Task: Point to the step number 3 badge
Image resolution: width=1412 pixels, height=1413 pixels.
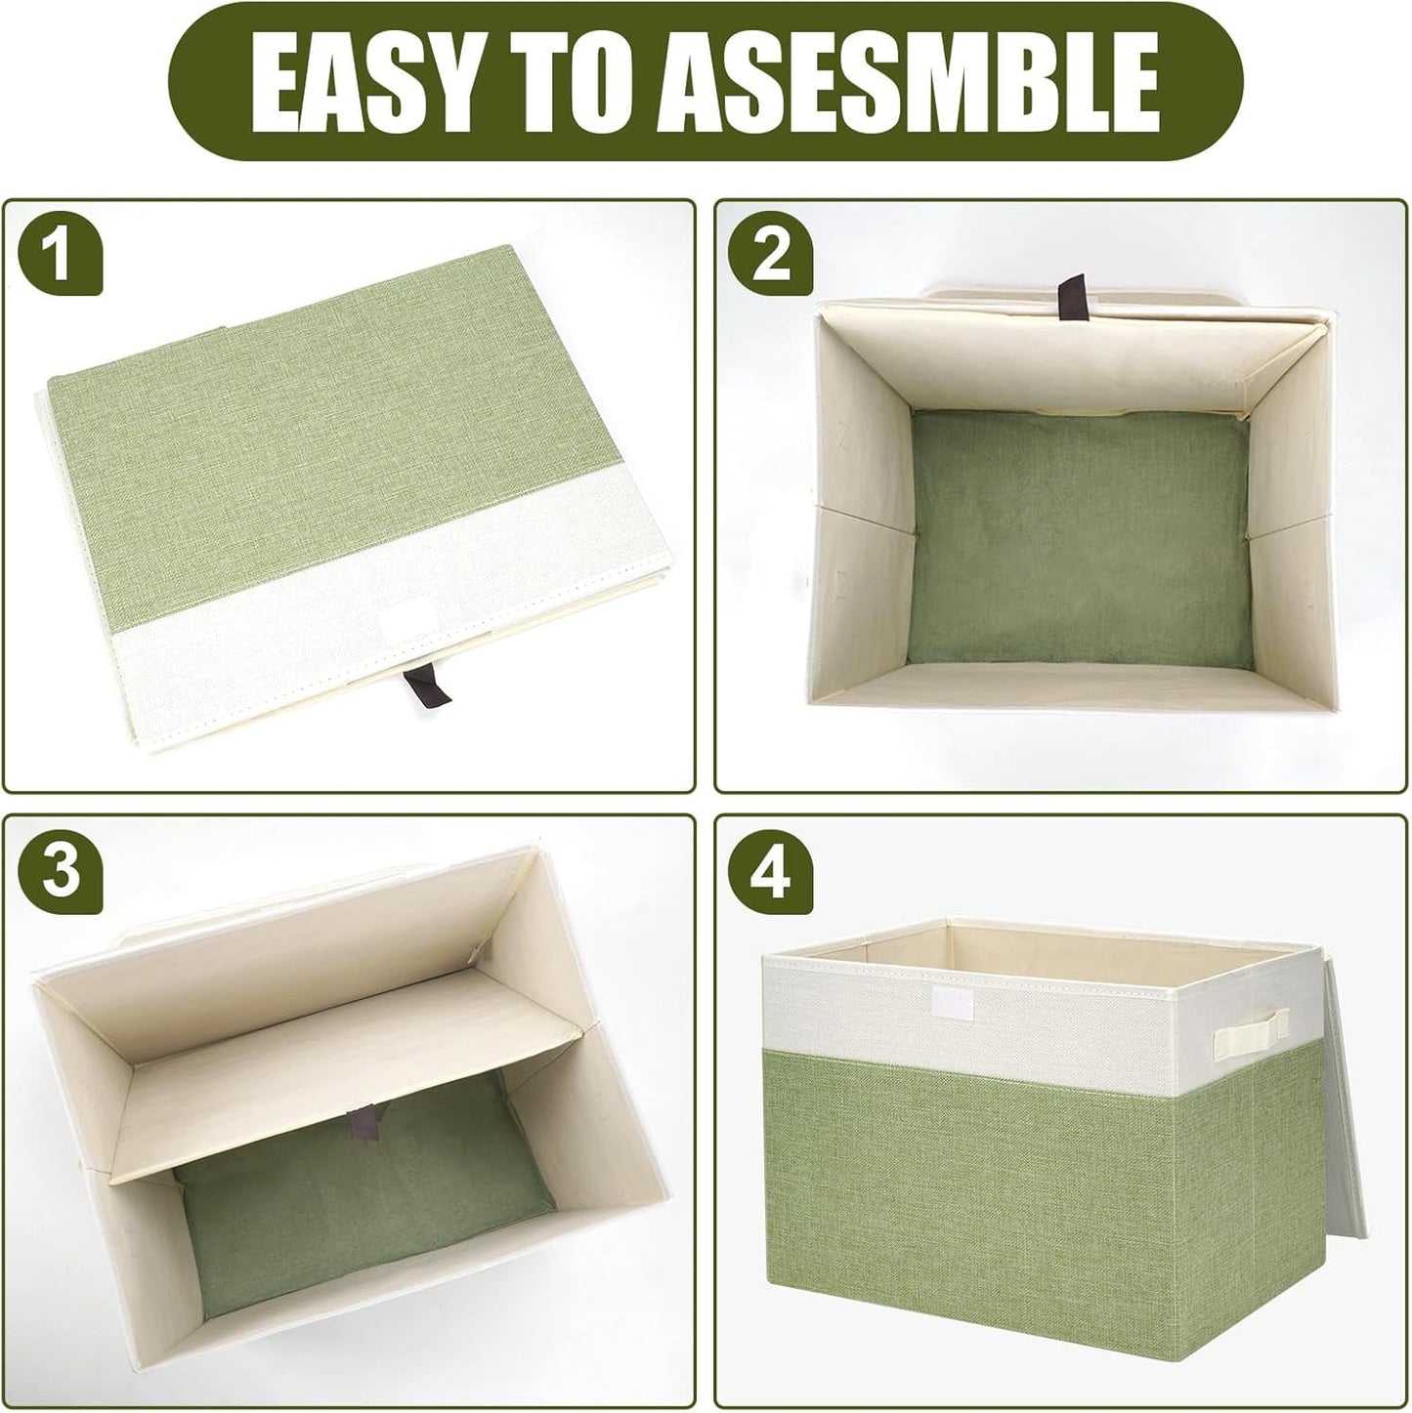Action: [61, 871]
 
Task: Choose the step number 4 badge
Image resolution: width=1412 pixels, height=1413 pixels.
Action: [771, 871]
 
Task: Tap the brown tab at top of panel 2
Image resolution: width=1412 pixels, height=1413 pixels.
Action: [1069, 294]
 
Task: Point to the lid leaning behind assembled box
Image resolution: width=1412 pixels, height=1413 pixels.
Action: [1345, 1133]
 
